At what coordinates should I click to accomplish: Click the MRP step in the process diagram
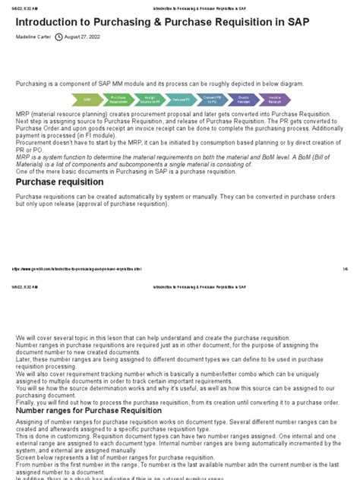tap(88, 99)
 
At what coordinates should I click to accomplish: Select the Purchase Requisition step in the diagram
tap(118, 99)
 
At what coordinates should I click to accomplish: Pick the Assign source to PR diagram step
tap(150, 99)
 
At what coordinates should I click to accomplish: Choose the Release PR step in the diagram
tap(182, 99)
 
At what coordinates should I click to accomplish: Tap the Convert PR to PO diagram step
tap(212, 99)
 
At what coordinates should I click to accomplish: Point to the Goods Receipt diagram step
tap(243, 99)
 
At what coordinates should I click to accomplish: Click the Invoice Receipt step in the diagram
tap(274, 99)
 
